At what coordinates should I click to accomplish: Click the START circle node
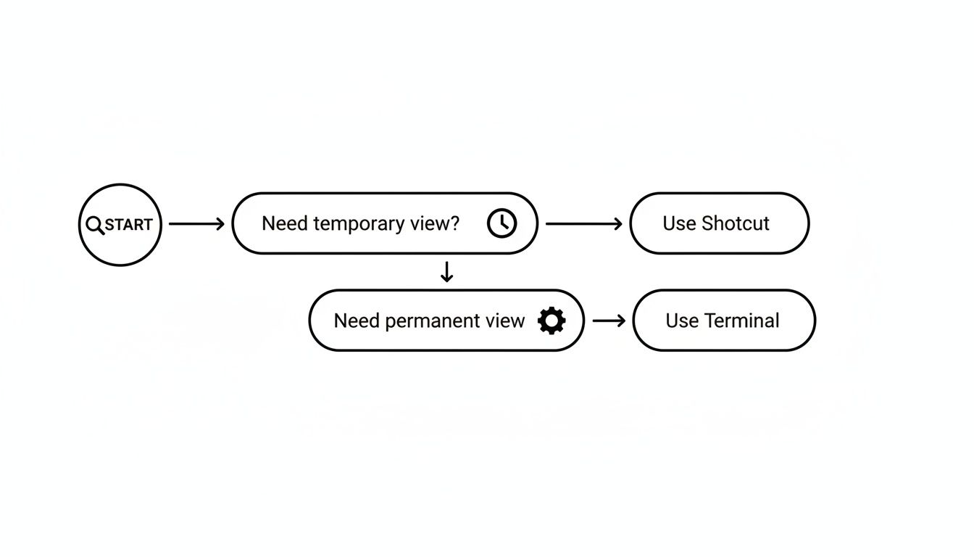point(120,224)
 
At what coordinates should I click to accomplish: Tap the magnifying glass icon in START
point(95,225)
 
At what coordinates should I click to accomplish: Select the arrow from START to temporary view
point(196,224)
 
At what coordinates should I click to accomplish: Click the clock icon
point(501,223)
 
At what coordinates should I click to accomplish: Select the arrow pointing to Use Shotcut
point(583,224)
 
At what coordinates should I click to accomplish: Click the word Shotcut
point(735,223)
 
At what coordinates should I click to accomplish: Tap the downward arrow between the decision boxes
point(447,272)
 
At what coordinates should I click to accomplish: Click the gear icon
point(551,321)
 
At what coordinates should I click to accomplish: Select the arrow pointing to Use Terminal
point(609,321)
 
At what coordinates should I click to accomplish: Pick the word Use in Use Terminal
point(682,321)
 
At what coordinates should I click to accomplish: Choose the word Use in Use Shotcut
point(679,223)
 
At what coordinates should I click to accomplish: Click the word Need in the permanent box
point(357,321)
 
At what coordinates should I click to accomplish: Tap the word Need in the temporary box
point(285,223)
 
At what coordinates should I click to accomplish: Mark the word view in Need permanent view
point(505,321)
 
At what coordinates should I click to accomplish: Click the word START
point(129,225)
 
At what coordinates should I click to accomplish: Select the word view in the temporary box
point(430,223)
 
